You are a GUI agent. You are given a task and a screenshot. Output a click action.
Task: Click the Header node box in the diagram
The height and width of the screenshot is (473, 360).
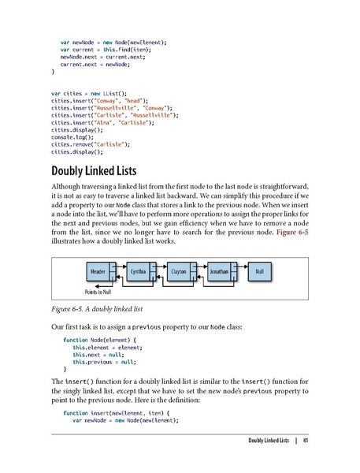pos(98,271)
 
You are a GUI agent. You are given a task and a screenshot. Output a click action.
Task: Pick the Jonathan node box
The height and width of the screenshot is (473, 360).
pos(219,271)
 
